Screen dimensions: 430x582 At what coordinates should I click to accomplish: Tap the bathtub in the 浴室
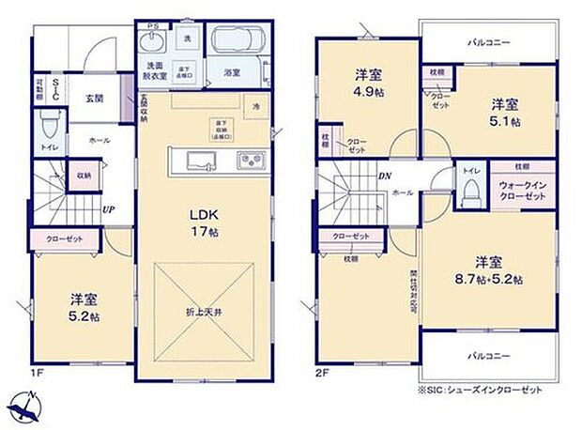pos(232,41)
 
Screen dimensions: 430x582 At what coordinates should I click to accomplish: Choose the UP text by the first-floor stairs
pos(109,208)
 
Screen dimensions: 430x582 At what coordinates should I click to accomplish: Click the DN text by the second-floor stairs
pos(384,177)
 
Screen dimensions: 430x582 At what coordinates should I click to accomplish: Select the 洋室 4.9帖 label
pos(366,83)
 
